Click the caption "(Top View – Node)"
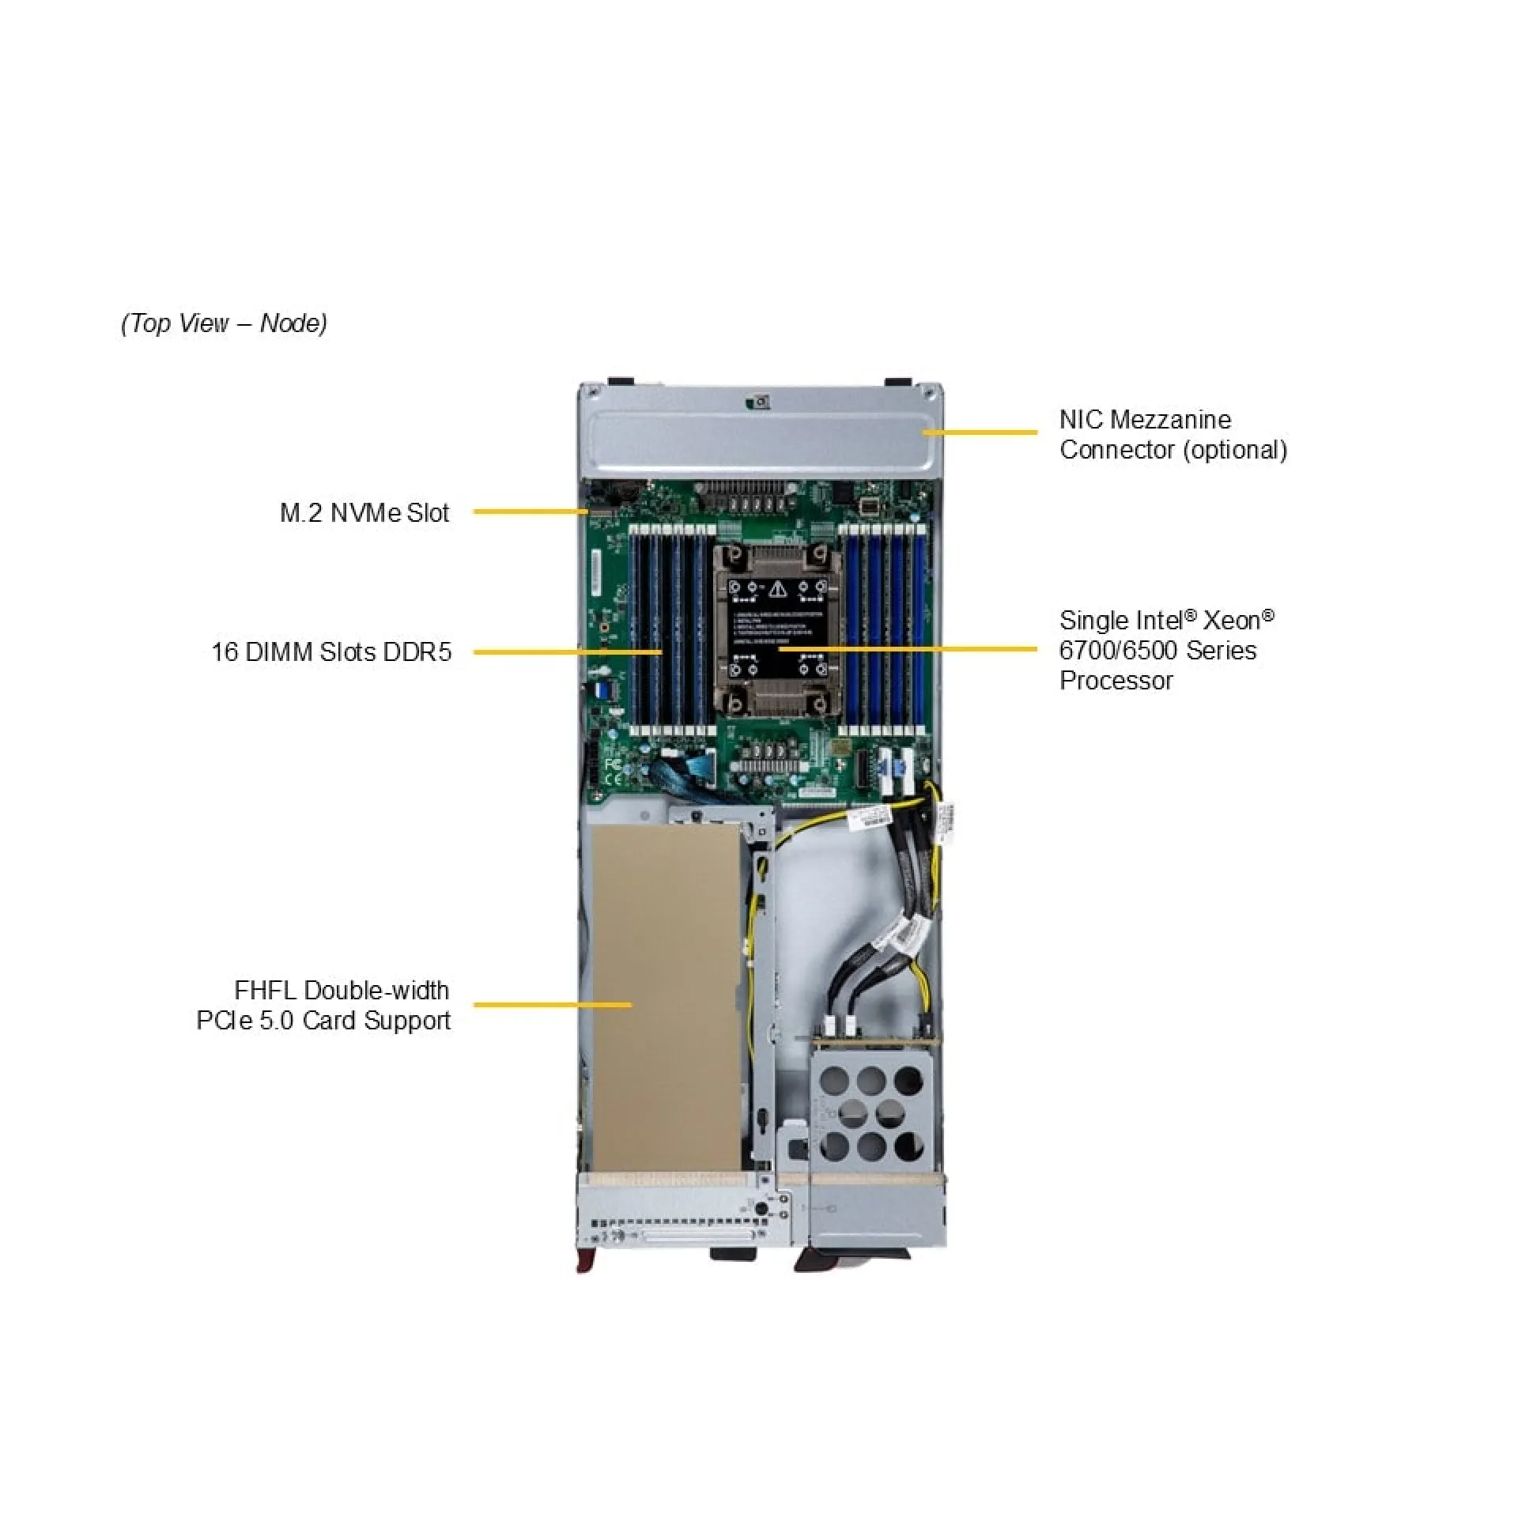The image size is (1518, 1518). click(224, 323)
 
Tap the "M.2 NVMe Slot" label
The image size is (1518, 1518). click(364, 513)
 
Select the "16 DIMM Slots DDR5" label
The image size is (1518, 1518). click(331, 652)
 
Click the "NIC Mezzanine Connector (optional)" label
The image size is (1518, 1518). click(1172, 434)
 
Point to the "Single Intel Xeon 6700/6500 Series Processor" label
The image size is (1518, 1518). click(1166, 650)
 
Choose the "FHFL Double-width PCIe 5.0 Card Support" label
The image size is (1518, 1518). click(324, 1005)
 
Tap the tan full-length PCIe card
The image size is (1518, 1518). click(666, 996)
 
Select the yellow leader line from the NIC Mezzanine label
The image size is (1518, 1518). click(980, 432)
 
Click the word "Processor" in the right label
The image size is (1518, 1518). click(1116, 681)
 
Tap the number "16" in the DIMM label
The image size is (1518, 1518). click(225, 652)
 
